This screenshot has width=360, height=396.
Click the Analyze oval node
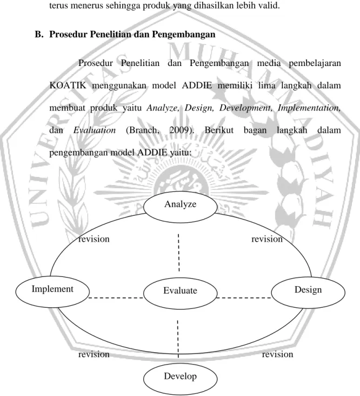(x=180, y=207)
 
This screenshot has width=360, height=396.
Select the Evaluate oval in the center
(x=180, y=293)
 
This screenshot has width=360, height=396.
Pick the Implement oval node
(x=52, y=292)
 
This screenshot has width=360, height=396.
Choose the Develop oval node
(x=180, y=379)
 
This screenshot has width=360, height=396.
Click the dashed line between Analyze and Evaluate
(x=178, y=253)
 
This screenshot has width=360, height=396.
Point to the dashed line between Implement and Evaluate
(x=116, y=298)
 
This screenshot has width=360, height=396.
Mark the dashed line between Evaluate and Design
(x=244, y=298)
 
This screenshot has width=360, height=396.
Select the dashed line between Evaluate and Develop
(x=178, y=339)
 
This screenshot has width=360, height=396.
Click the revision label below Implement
(x=94, y=354)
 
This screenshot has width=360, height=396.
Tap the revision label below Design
(x=277, y=354)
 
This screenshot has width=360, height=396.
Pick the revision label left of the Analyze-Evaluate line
(x=94, y=239)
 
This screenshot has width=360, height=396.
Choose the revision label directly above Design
(x=267, y=239)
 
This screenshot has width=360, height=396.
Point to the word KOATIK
(x=68, y=85)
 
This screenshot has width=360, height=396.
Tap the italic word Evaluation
(x=95, y=130)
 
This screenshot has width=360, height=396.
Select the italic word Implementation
(x=309, y=108)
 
